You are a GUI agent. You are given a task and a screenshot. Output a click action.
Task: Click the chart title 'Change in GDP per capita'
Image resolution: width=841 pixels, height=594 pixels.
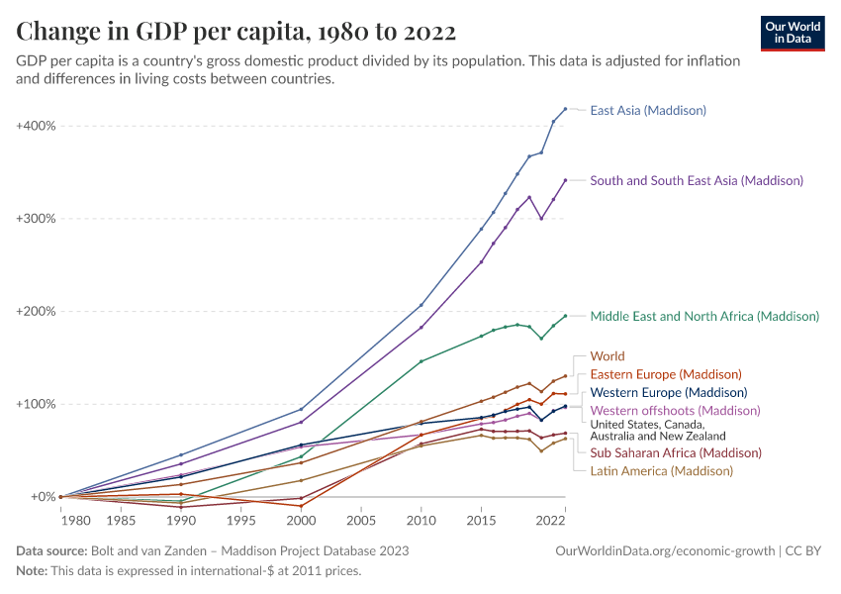(x=236, y=33)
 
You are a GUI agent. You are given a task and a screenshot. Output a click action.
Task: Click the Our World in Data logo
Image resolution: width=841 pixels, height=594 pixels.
(x=793, y=33)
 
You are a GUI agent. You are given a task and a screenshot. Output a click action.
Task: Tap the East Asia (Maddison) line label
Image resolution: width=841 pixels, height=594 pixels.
(x=648, y=110)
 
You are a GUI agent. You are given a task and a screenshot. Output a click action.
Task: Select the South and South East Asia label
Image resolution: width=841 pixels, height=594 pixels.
(x=697, y=180)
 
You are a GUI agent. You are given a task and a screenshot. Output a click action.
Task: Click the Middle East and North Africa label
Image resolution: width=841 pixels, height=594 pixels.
(x=704, y=317)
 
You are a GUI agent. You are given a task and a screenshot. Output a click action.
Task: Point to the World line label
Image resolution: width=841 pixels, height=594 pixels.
(x=607, y=356)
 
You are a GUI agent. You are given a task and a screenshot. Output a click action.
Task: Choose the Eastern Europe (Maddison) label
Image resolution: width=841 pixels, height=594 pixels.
(x=666, y=374)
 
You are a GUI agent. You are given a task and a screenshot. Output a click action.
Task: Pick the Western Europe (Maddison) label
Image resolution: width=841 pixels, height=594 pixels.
(x=669, y=393)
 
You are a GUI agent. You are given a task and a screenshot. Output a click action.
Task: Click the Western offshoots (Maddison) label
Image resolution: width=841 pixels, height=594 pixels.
(x=675, y=411)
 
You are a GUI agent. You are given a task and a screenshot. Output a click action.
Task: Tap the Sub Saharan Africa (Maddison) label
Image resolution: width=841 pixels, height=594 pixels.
(x=676, y=452)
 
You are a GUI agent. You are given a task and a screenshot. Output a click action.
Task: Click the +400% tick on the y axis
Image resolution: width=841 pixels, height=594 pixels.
(x=36, y=126)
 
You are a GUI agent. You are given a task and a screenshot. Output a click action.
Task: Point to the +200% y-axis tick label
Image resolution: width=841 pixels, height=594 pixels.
(x=36, y=311)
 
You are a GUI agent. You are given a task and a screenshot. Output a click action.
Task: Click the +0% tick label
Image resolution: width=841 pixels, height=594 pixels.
(x=41, y=497)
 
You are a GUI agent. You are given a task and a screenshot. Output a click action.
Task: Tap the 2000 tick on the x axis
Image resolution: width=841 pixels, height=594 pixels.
(x=301, y=519)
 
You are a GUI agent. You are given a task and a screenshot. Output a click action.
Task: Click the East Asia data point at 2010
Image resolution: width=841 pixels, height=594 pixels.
(x=421, y=305)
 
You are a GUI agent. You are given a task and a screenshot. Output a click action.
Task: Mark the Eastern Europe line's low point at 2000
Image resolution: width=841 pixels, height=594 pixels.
(x=301, y=506)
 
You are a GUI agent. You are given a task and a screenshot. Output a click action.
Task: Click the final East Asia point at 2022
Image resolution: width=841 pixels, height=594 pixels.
(x=565, y=109)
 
